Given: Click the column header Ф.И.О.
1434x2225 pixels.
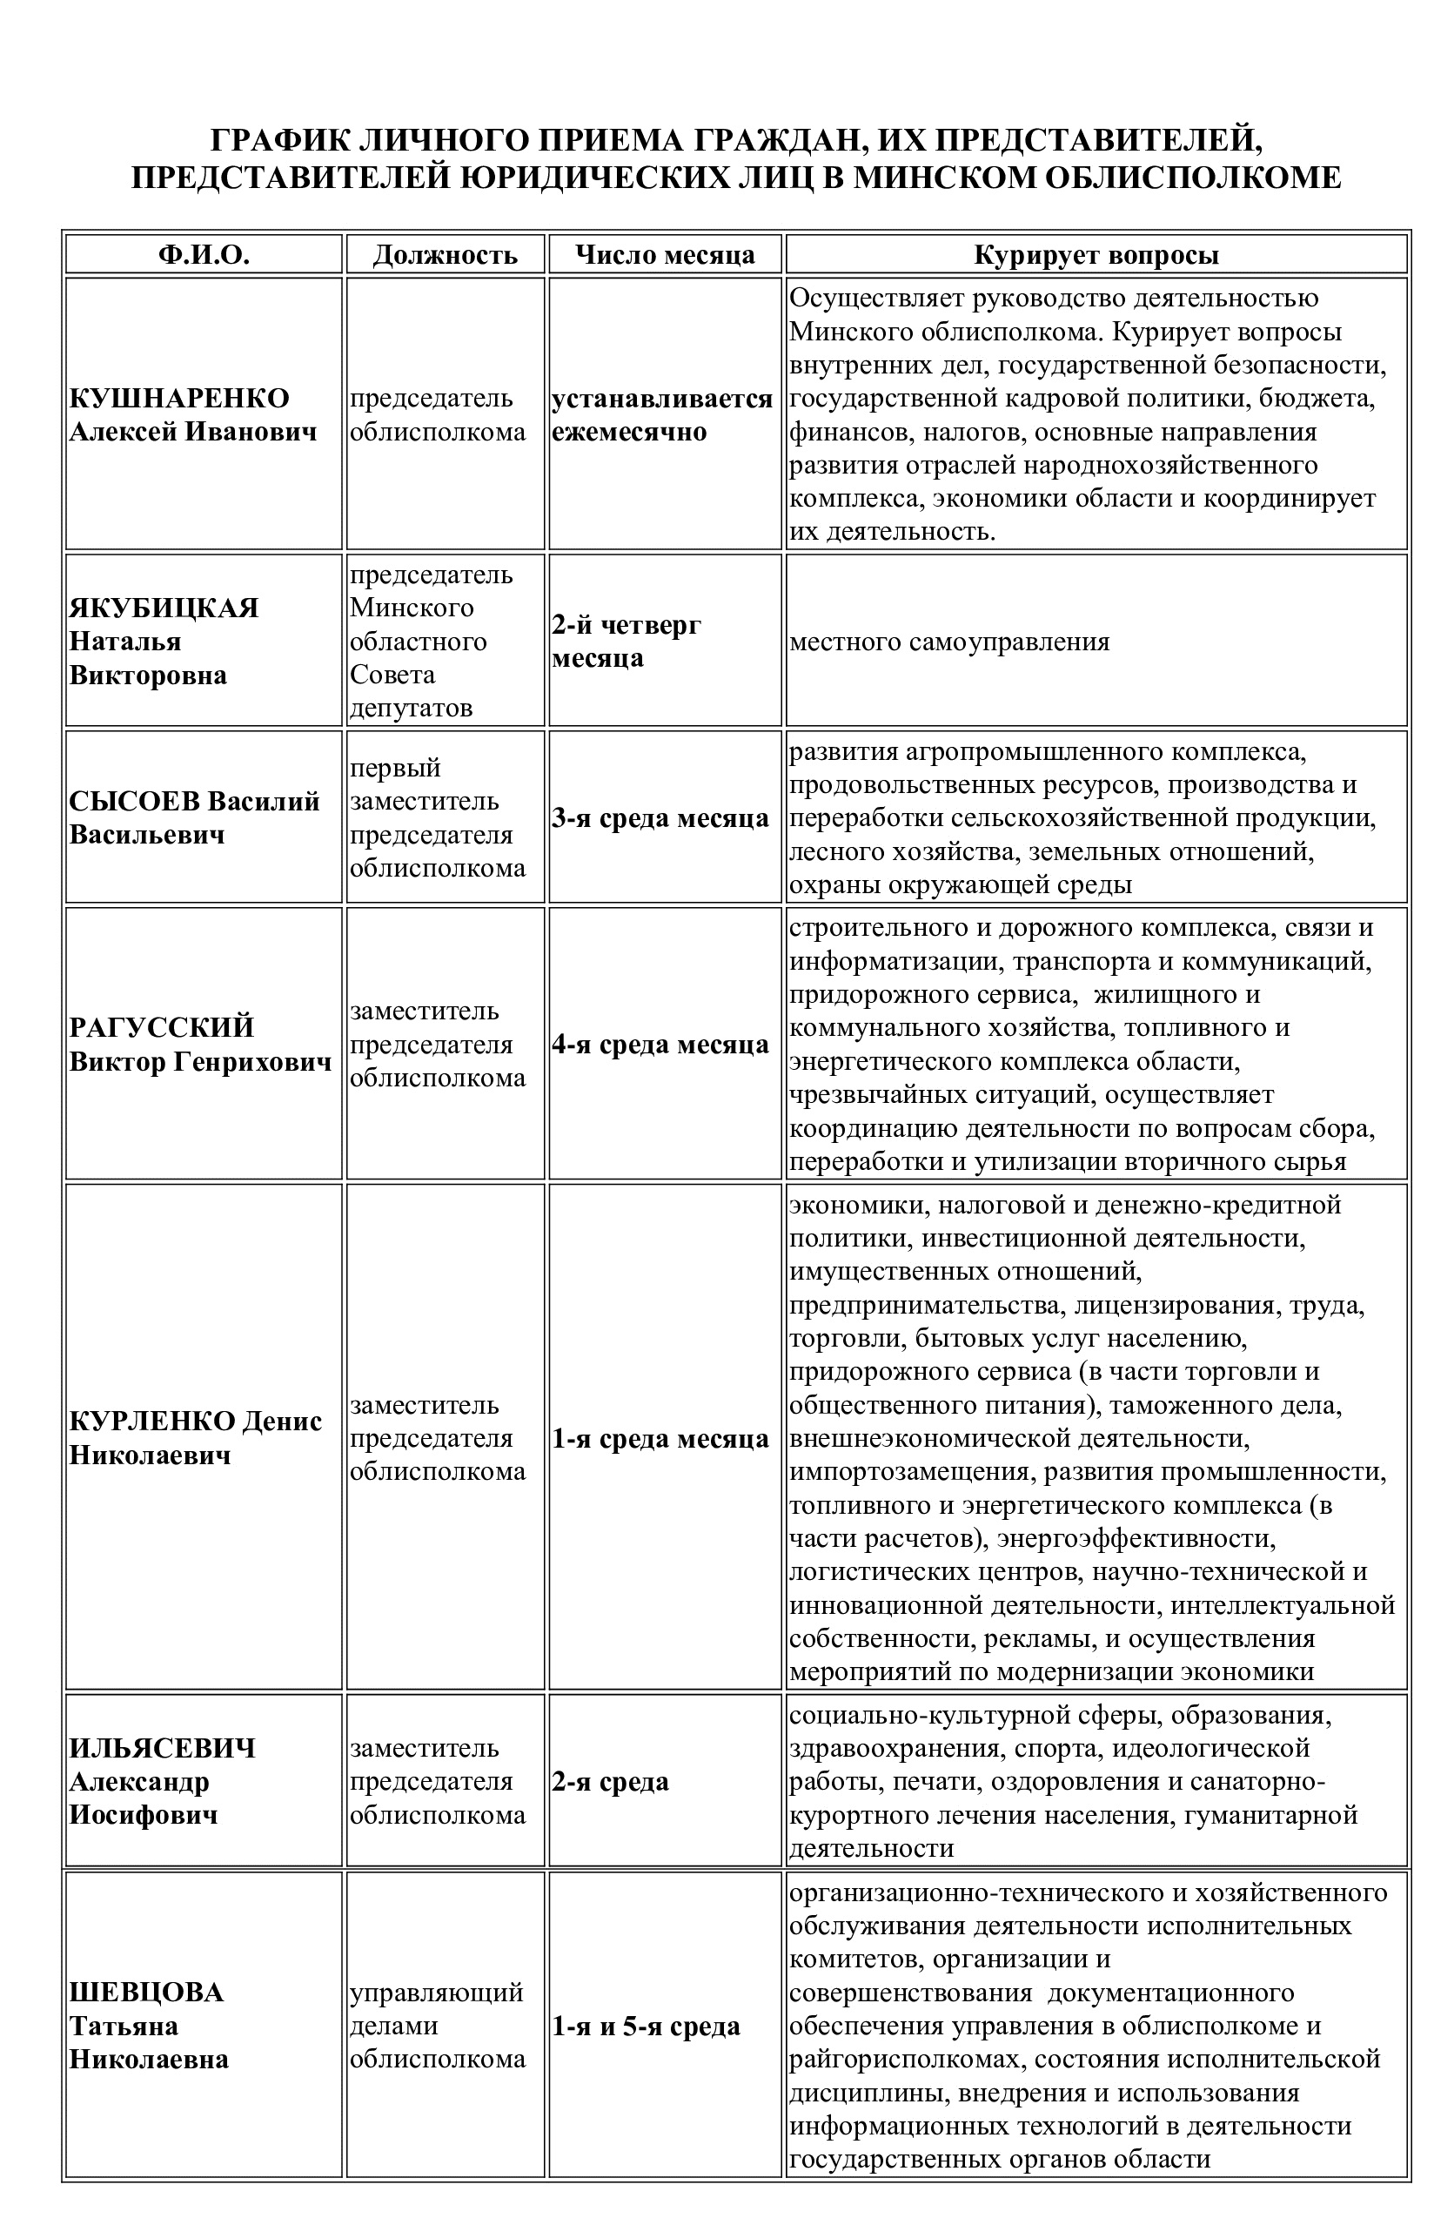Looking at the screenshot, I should [204, 255].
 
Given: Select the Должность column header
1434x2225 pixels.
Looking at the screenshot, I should [446, 255].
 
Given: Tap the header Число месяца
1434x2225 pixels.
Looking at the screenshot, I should [665, 255].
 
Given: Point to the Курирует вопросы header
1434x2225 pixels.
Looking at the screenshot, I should [1096, 255].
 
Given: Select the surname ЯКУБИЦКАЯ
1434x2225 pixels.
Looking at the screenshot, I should [164, 608].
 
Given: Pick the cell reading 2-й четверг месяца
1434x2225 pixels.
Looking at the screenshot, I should [627, 641].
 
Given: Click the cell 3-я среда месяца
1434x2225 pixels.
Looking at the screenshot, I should [660, 817].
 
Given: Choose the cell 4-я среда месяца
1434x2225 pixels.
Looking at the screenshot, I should [660, 1044].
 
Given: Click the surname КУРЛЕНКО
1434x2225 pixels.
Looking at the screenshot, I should [151, 1421].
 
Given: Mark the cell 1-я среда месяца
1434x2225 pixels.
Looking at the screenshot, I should [660, 1438].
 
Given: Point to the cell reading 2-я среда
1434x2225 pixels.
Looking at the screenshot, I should [610, 1781].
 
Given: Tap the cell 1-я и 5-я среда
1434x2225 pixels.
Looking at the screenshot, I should [646, 2026].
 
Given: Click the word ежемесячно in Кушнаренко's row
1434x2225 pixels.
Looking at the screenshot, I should [629, 431].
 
